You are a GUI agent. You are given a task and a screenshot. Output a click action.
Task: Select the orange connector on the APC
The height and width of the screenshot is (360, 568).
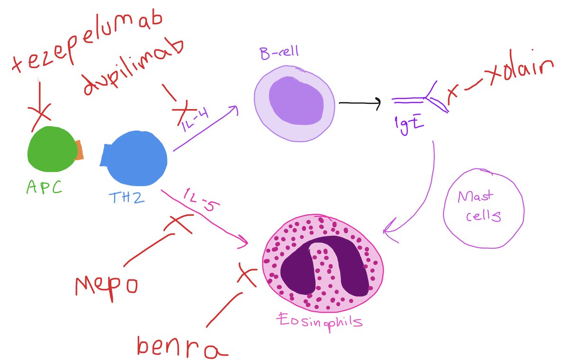pyautogui.click(x=80, y=149)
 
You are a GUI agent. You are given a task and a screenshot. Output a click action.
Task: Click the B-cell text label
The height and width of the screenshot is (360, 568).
pyautogui.click(x=279, y=52)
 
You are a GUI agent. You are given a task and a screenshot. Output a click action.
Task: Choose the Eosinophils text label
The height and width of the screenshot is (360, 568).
pyautogui.click(x=320, y=323)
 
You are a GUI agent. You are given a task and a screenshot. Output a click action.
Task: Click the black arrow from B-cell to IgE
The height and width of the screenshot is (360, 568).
pyautogui.click(x=360, y=103)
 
